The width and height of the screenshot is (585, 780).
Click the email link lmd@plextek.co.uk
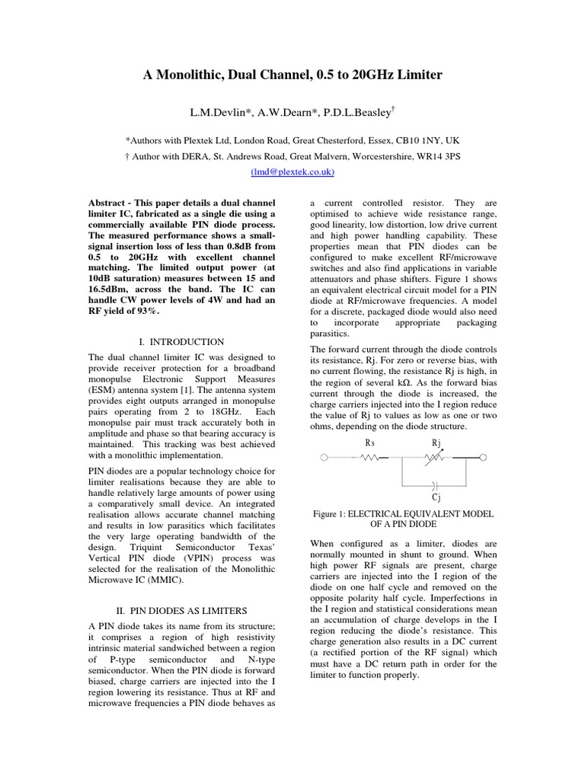click(x=292, y=173)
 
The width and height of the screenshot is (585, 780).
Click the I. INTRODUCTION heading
click(x=181, y=342)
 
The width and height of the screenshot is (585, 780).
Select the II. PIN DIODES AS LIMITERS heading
click(x=181, y=611)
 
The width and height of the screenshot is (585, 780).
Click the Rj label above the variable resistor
click(x=436, y=443)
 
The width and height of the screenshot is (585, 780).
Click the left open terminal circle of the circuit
click(x=325, y=458)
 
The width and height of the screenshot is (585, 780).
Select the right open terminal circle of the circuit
click(x=483, y=458)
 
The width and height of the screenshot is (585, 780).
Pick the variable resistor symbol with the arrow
click(x=436, y=458)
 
